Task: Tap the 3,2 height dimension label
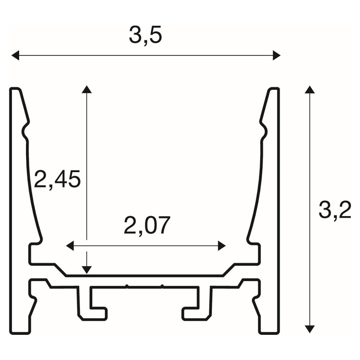pos(335,210)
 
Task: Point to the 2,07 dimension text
pos(147,225)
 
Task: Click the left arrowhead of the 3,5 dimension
pos(15,55)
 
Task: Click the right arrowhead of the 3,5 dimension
pos(276,55)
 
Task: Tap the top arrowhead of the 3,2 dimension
pos(310,90)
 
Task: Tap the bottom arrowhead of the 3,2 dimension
pos(310,329)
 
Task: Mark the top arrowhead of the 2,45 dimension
pos(86,89)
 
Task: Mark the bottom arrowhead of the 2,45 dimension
pos(86,270)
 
